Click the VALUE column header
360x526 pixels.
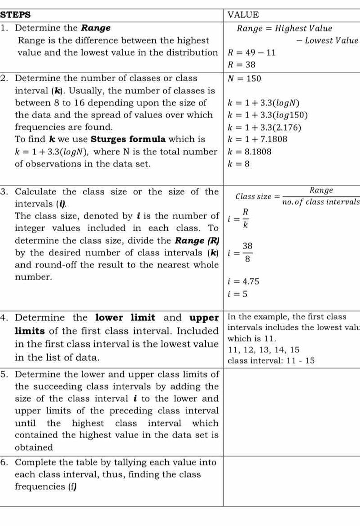pyautogui.click(x=243, y=15)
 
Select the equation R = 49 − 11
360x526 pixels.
pyautogui.click(x=252, y=53)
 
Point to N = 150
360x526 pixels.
pyautogui.click(x=244, y=78)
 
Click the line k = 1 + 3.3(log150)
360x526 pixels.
pyautogui.click(x=268, y=115)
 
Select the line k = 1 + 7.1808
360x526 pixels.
pyautogui.click(x=257, y=139)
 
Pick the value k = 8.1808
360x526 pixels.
pyautogui.click(x=250, y=152)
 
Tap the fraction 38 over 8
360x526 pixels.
pyautogui.click(x=247, y=252)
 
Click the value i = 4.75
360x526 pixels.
pyautogui.click(x=244, y=282)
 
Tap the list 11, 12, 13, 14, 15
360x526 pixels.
pyautogui.click(x=261, y=350)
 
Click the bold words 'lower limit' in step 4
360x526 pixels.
pyautogui.click(x=125, y=318)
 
